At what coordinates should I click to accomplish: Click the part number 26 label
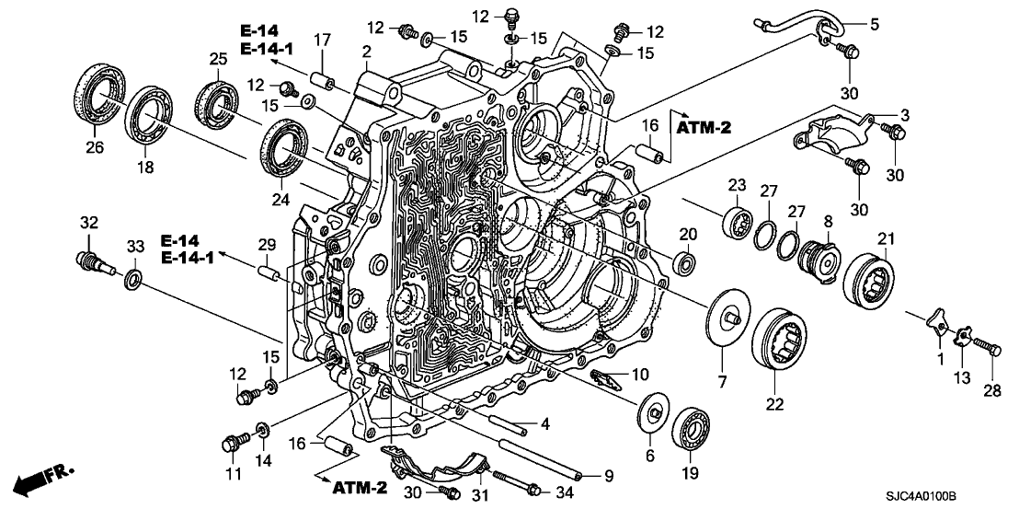click(x=96, y=145)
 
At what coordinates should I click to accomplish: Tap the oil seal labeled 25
click(x=217, y=96)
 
